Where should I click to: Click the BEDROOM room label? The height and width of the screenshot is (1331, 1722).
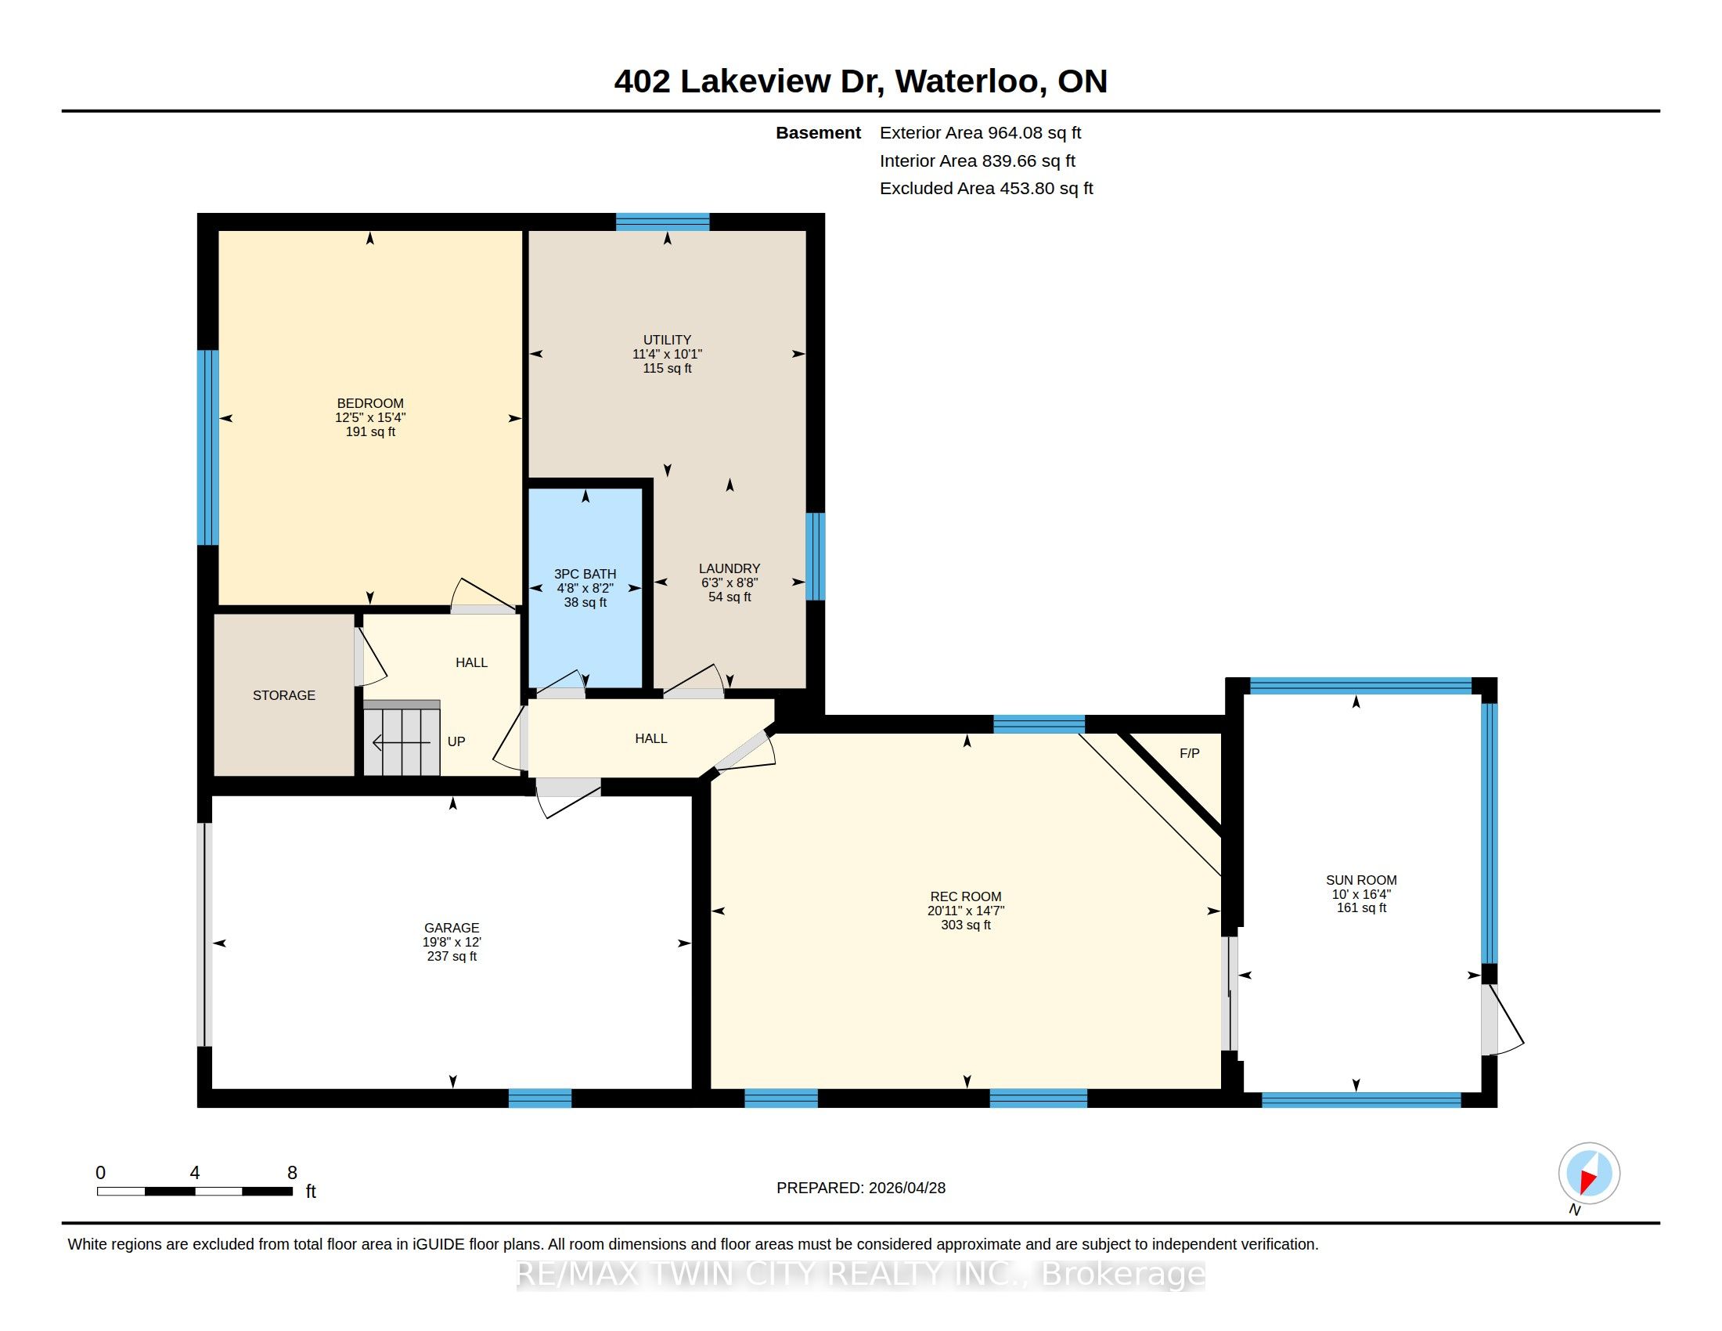coord(369,403)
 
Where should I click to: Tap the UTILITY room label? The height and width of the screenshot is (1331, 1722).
coord(667,340)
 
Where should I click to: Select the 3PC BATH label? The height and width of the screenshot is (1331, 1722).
coord(585,574)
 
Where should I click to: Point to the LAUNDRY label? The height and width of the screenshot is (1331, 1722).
coord(730,568)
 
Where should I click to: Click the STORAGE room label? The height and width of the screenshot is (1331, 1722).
coord(284,695)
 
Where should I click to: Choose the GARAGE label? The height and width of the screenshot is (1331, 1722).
coord(452,928)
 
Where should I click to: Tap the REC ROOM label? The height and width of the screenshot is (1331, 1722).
coord(966,896)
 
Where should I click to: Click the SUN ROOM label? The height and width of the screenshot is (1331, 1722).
coord(1362,880)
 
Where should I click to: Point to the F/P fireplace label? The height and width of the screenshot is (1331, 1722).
coord(1190,753)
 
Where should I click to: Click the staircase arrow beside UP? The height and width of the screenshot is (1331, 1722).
coord(402,743)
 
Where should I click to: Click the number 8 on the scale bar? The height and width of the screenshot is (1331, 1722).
coord(292,1173)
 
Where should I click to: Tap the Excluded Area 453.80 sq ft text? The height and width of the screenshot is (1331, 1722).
coord(986,189)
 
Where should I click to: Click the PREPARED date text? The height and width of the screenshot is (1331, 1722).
coord(861,1188)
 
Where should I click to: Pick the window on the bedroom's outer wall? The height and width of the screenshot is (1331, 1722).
coord(207,448)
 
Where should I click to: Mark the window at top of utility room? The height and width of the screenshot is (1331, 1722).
coord(662,222)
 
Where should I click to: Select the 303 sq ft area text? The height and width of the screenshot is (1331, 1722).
coord(966,925)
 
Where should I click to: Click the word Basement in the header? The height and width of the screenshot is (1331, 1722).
coord(819,132)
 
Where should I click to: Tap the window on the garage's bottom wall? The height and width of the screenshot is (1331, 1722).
coord(540,1098)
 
